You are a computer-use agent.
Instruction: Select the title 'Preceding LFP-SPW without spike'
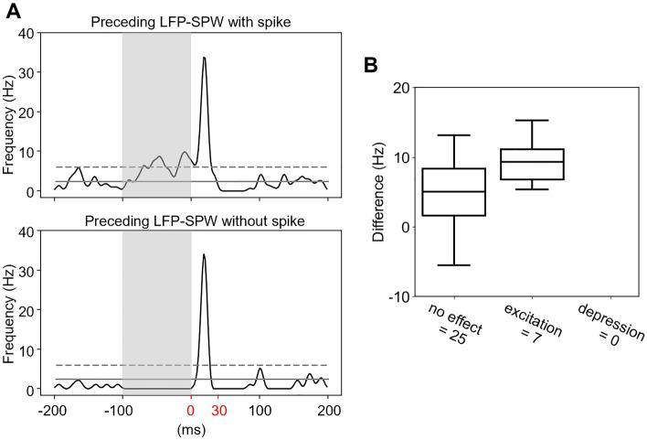point(189,221)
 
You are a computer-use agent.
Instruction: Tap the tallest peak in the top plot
point(204,58)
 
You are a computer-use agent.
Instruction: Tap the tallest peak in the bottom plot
point(204,255)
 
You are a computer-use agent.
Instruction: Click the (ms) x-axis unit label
point(190,427)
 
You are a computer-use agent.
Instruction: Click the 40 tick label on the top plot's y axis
point(32,35)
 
